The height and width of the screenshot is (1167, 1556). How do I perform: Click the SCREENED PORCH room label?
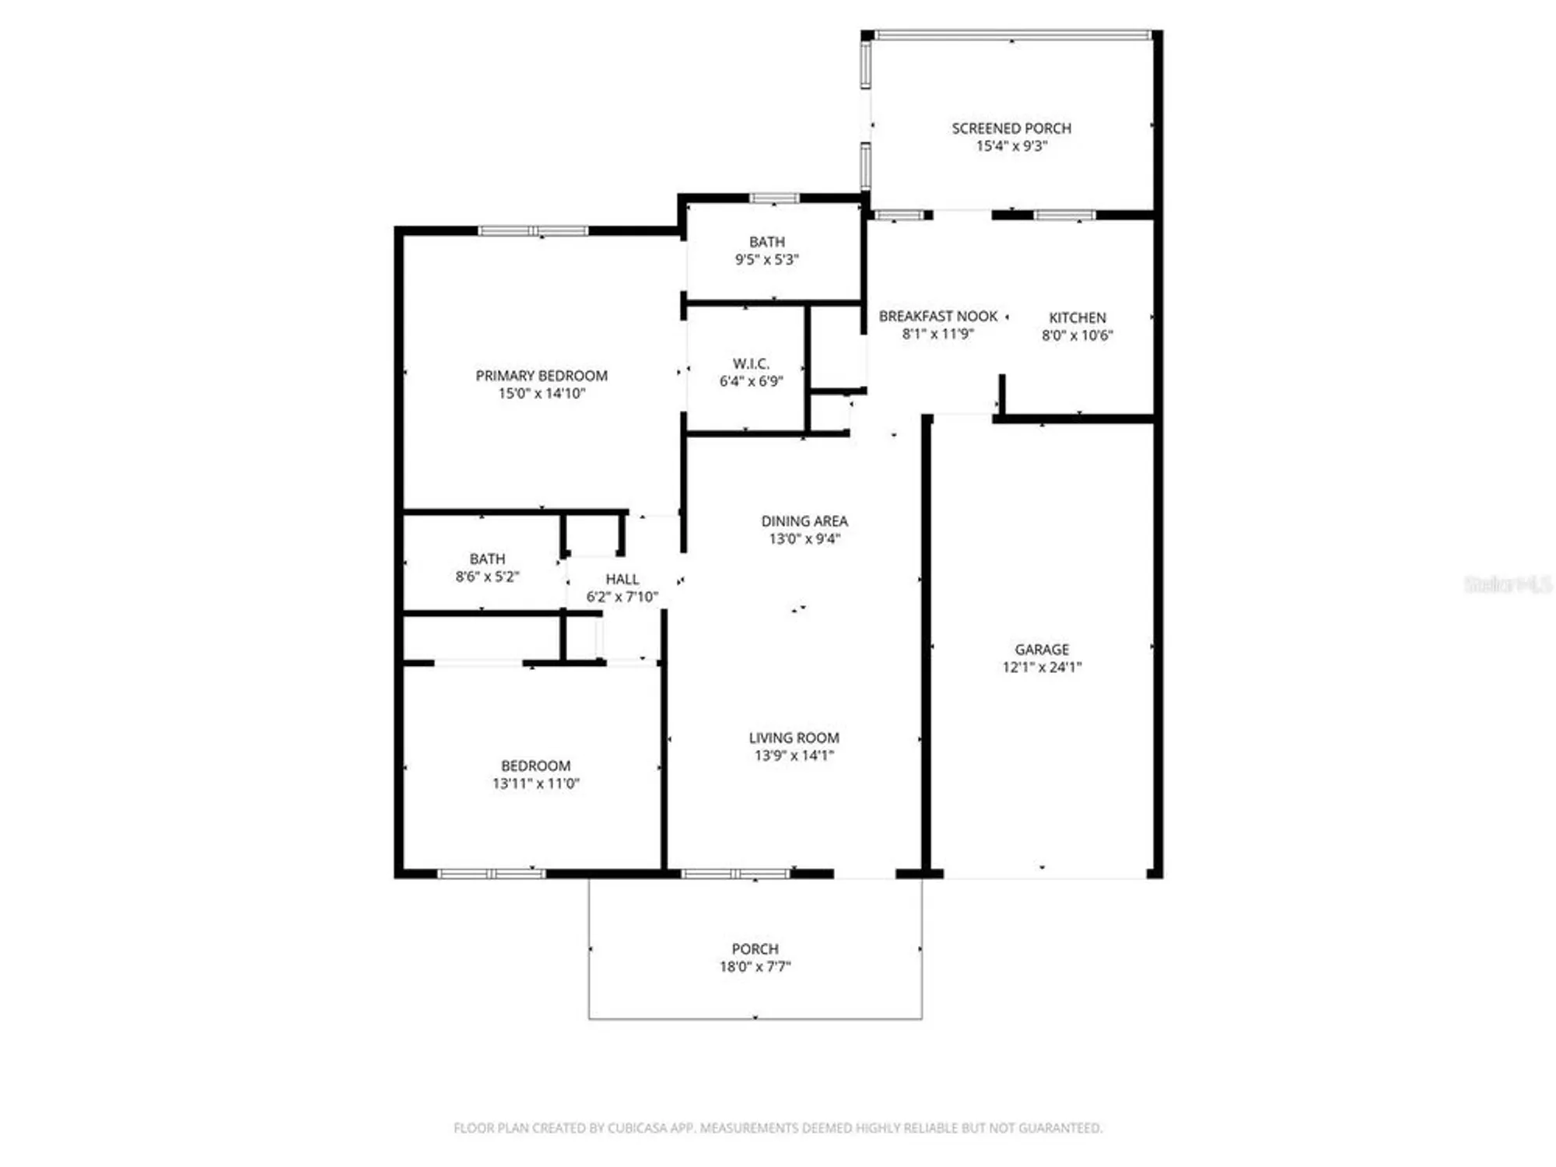[1011, 128]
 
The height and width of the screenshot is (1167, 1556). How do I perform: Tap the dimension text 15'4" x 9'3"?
[1011, 146]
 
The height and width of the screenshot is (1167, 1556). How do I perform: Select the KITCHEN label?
[1077, 317]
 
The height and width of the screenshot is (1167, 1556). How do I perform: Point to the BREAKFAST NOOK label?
[937, 316]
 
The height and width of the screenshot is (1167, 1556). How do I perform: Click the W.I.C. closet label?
[751, 363]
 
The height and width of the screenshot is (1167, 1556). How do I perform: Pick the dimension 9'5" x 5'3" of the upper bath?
[767, 260]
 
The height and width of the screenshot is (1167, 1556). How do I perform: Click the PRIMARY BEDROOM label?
[541, 376]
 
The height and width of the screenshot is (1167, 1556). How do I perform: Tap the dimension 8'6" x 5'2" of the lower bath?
[487, 576]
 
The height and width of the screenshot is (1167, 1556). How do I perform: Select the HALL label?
[622, 579]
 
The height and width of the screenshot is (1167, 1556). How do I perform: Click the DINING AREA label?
[804, 521]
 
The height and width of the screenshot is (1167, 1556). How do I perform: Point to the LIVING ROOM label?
[794, 738]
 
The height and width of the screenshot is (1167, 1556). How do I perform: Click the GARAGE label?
[1042, 649]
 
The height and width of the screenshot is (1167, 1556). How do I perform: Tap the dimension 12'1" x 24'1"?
[1042, 667]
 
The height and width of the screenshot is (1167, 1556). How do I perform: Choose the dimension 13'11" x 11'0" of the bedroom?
[536, 783]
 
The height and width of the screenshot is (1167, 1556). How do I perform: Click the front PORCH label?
[755, 949]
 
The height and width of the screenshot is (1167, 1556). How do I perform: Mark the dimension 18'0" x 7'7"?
[755, 967]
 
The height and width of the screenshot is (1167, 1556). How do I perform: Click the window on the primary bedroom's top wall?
[533, 230]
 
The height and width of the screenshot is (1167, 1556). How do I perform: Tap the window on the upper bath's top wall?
[773, 198]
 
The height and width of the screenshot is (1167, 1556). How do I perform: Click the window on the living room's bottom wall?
[735, 874]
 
